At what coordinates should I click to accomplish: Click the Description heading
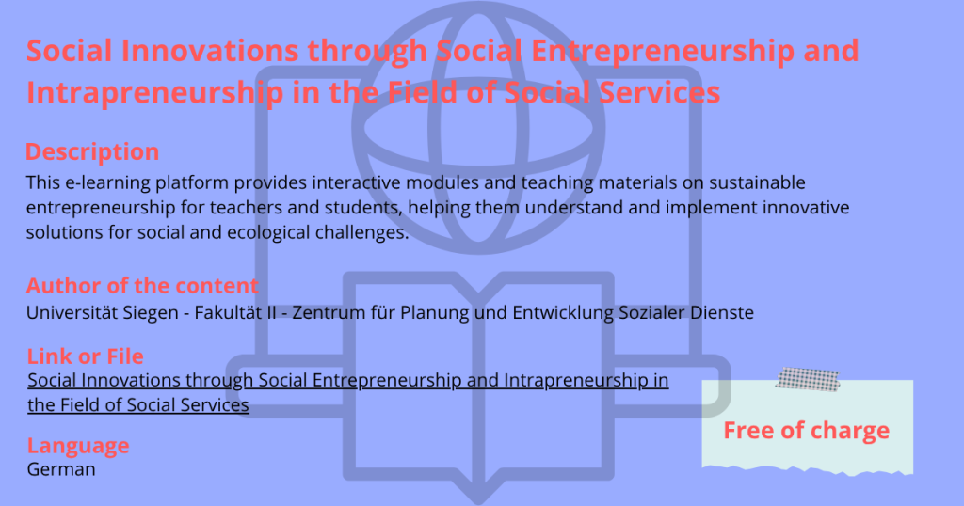click(92, 151)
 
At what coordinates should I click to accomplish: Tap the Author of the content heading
click(142, 286)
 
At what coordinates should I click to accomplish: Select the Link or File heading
click(85, 356)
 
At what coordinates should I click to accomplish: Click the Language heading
click(78, 446)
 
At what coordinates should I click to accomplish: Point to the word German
click(61, 469)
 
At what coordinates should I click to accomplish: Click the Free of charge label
click(806, 431)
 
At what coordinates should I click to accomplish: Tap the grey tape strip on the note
click(807, 379)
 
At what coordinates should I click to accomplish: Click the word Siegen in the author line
click(151, 313)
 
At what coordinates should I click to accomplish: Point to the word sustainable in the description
click(757, 182)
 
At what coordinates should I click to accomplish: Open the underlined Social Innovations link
click(348, 392)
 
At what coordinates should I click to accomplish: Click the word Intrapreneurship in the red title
click(155, 93)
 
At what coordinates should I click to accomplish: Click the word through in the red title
click(367, 52)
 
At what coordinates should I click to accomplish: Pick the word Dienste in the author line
click(722, 312)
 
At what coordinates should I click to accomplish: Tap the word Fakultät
click(221, 312)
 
